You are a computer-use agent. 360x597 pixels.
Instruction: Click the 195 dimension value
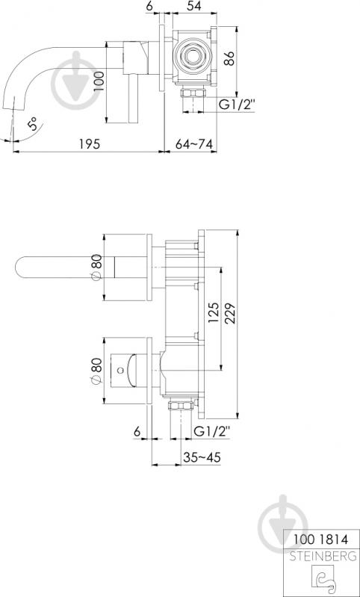click(90, 144)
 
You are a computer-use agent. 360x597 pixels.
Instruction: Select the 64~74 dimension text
click(193, 144)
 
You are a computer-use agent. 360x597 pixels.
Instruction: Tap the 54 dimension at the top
click(194, 6)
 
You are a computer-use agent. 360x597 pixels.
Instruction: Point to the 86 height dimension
click(229, 58)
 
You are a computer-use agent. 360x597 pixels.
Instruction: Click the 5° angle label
click(33, 124)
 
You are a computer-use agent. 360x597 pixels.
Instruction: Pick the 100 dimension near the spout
click(99, 81)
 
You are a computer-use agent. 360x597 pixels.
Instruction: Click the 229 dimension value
click(230, 313)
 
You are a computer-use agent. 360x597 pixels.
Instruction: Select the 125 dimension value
click(214, 313)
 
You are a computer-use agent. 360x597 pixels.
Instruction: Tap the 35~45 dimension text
click(202, 457)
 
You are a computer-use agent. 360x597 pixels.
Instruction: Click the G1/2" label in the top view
click(236, 105)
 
